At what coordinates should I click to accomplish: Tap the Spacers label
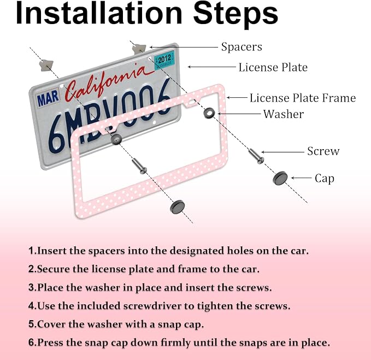[242, 47]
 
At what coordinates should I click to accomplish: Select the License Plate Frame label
[303, 98]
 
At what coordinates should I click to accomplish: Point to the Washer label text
[284, 114]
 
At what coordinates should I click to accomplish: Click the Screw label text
[323, 151]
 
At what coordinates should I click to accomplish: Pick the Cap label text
[325, 178]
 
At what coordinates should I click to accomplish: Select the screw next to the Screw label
[256, 156]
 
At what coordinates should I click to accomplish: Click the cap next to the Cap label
[280, 178]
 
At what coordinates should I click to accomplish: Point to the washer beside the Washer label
[209, 113]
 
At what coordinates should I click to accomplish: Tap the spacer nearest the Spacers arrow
[139, 49]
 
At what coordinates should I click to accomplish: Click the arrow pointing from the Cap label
[301, 178]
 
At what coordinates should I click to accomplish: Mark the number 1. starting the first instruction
[32, 251]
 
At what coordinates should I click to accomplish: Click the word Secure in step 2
[54, 269]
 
